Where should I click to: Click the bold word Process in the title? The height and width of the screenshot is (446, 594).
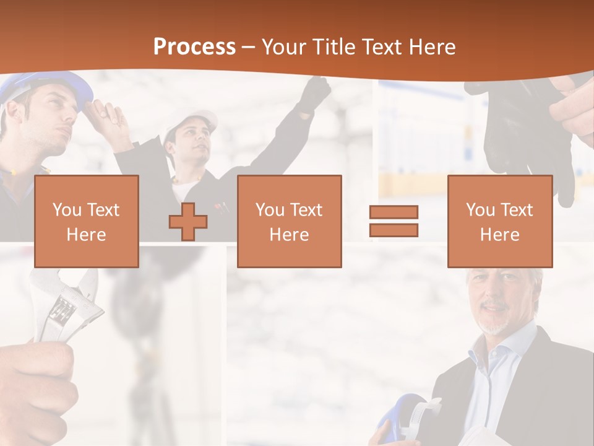[x=194, y=46]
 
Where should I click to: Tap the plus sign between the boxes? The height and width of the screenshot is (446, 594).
[x=188, y=221]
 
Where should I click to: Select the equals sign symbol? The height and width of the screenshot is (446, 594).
[x=394, y=221]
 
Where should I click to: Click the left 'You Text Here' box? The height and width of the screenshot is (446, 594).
[x=87, y=221]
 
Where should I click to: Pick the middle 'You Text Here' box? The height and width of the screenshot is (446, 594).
[x=289, y=221]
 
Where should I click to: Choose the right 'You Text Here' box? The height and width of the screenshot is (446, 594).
[x=499, y=221]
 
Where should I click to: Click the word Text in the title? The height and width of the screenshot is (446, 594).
[x=381, y=47]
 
